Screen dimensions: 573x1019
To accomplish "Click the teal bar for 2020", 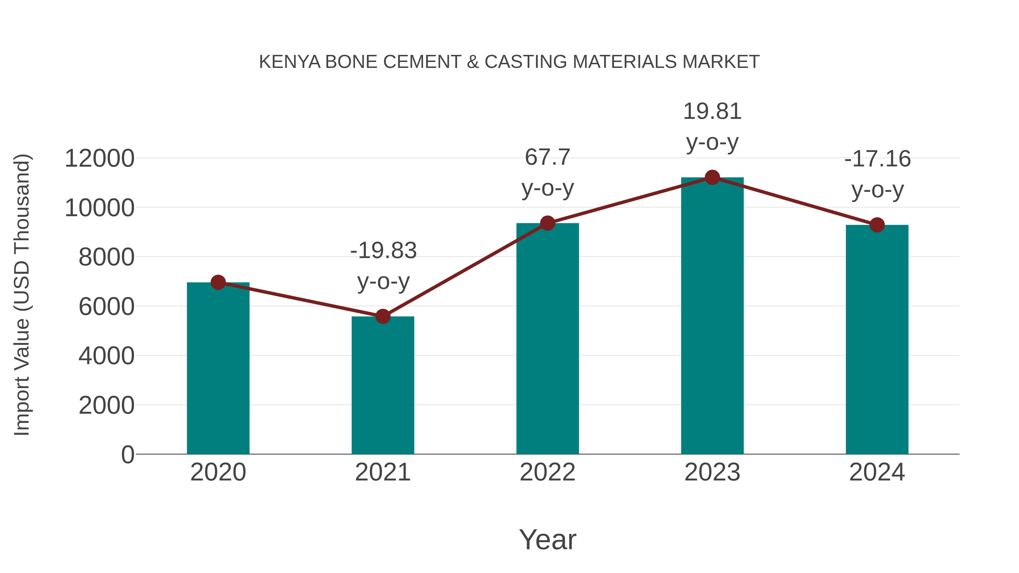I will point(218,368).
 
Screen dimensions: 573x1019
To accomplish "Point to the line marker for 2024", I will point(877,225).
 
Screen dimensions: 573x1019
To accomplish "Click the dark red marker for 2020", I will point(218,282).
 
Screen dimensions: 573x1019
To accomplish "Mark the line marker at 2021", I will point(382,316).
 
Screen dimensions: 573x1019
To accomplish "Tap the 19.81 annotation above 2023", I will point(712,126).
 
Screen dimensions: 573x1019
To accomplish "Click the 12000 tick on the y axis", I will point(99,158).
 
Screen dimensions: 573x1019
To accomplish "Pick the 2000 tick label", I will point(106,405).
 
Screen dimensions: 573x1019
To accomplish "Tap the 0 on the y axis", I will point(127,455).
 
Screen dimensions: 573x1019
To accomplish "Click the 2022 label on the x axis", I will point(547,472).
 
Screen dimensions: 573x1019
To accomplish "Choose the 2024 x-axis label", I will point(877,472).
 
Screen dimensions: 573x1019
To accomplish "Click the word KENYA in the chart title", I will point(290,62).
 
